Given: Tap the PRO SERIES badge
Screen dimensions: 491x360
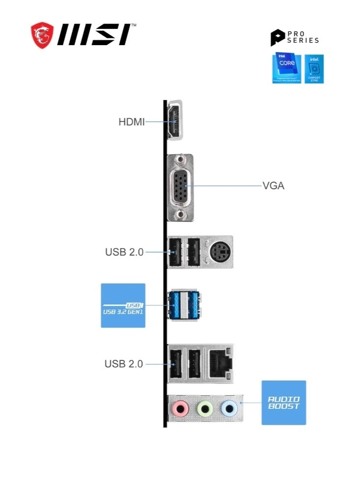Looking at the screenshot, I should pos(295,37).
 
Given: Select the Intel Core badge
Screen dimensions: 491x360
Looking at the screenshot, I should pos(287,69).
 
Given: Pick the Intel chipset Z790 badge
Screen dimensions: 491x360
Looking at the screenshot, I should pos(314,69).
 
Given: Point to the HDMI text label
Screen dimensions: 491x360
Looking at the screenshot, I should pos(132,122).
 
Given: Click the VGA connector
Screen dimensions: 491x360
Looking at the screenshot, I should pos(180,187).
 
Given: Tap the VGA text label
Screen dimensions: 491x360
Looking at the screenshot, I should pos(274,186).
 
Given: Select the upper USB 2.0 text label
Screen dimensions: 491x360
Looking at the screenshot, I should pos(124,252).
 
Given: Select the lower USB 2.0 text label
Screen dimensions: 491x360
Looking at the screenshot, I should pos(124,364).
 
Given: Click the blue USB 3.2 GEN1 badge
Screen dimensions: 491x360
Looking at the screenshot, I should pos(123,305).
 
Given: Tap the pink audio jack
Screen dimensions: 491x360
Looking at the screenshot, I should pos(181,407).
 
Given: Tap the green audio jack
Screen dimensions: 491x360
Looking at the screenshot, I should pos(204,407).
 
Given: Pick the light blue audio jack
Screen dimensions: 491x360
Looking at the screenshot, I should pos(228,407).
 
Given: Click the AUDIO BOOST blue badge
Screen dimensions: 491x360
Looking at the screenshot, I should pos(283,403).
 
